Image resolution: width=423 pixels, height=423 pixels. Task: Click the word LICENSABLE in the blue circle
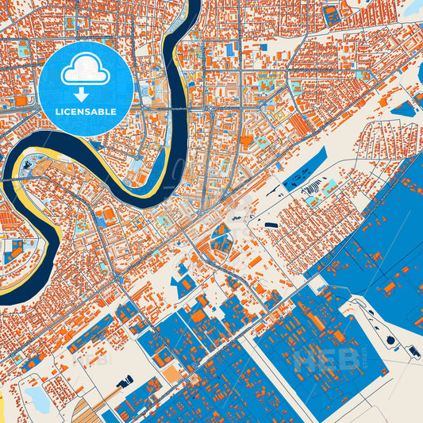85,112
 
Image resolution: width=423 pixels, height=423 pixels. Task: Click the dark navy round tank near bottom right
390,340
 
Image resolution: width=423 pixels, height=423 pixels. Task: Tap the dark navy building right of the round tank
413,350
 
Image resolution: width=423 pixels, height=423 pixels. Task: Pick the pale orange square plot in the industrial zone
171,373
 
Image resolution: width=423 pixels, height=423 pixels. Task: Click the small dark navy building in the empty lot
271,225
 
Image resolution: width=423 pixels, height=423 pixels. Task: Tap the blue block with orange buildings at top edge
332,14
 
